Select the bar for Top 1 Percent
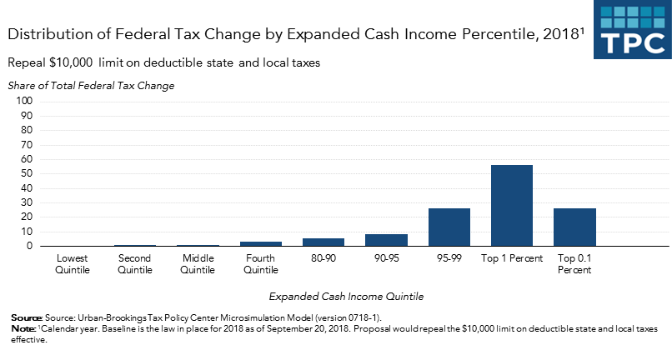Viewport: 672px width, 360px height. click(512, 205)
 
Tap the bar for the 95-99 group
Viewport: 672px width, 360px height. click(449, 227)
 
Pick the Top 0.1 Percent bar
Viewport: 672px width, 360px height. click(574, 227)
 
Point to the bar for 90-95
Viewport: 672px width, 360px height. click(386, 240)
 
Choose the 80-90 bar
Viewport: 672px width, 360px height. click(323, 242)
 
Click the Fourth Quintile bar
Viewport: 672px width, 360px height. click(261, 243)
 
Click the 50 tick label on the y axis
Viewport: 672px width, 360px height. click(25, 173)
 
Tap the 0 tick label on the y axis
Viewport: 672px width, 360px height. click(28, 246)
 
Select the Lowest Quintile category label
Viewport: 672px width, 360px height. click(73, 263)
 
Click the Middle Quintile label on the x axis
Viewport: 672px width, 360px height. click(198, 263)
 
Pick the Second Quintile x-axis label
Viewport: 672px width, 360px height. click(135, 263)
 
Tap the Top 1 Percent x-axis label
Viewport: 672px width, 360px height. click(512, 257)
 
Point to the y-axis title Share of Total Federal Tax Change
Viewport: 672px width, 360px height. click(92, 85)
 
